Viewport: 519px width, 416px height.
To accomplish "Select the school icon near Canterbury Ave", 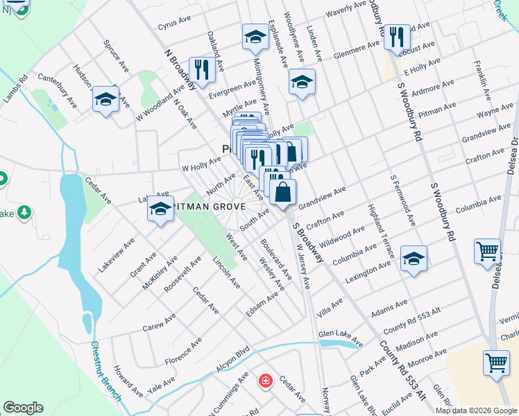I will tap(105, 100).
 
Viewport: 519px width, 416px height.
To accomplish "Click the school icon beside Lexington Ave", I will tap(414, 259).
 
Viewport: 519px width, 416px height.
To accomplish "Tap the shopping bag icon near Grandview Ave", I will tap(283, 193).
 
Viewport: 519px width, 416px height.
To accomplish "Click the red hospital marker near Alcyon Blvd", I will tap(265, 381).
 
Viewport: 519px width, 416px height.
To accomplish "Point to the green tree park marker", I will tap(26, 211).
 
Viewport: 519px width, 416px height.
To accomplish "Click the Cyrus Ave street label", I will tap(174, 24).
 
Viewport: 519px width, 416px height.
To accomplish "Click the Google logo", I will tap(23, 408).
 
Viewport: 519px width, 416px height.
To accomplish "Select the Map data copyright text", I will tap(476, 410).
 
